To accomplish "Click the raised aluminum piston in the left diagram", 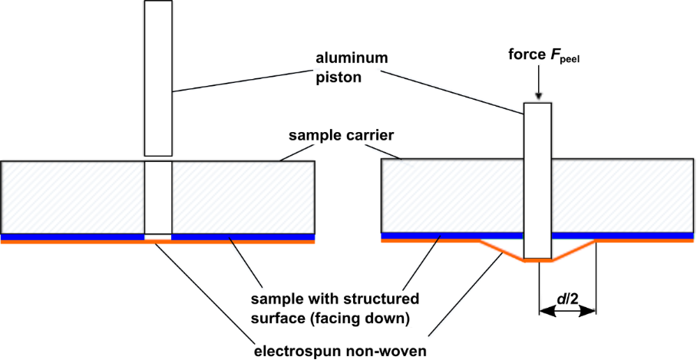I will click(x=158, y=78).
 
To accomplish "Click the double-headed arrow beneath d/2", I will click(x=567, y=311).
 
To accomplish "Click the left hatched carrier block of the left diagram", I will click(x=73, y=196).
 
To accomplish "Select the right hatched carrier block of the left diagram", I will click(x=243, y=196).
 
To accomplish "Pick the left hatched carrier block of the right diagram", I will click(x=452, y=196).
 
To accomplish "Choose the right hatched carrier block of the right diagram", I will click(x=622, y=196).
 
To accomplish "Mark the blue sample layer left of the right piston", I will click(x=452, y=235).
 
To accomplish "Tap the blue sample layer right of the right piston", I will click(x=622, y=235).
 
